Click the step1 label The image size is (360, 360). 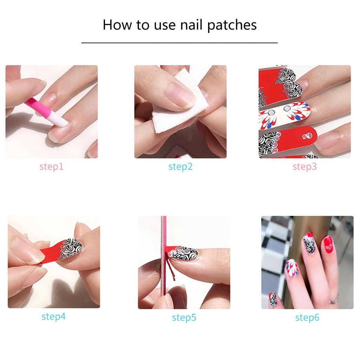51,166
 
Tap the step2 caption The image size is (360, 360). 180,166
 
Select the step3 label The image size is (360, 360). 304,166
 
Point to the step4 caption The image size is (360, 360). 53,316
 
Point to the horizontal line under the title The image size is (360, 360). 179,43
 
